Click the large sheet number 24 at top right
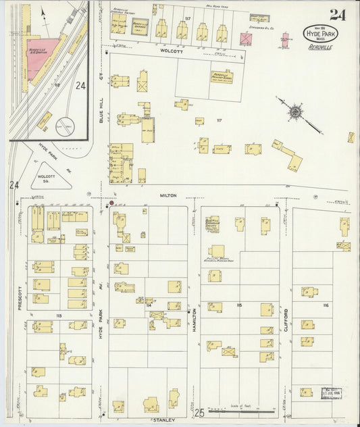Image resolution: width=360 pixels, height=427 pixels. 336,14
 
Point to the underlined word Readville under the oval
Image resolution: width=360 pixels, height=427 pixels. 320,48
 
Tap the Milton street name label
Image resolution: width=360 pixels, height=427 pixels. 168,195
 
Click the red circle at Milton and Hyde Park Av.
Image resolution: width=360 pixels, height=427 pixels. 111,203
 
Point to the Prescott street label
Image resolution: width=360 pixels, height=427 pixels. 20,297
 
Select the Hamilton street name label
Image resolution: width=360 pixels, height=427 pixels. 195,318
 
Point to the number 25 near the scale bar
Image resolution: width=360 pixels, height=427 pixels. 199,412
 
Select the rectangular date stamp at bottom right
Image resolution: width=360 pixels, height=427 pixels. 332,393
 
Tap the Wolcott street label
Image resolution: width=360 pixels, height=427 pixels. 168,51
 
